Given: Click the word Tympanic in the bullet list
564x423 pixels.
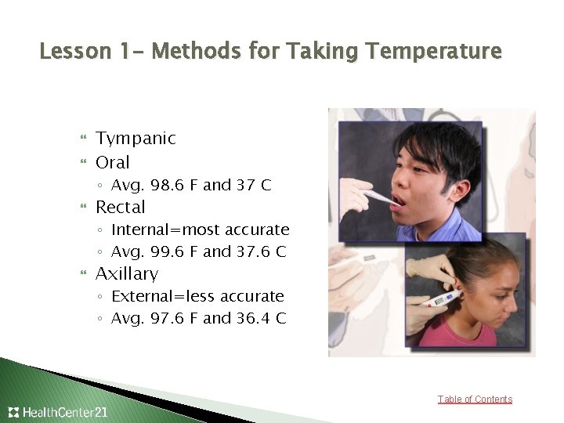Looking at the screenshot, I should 136,139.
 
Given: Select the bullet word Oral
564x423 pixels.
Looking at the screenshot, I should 113,163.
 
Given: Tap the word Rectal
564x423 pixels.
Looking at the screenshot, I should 121,208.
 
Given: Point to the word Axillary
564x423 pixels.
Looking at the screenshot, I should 127,274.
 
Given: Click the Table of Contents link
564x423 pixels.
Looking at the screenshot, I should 475,399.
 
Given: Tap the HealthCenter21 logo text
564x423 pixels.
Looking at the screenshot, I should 64,412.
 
